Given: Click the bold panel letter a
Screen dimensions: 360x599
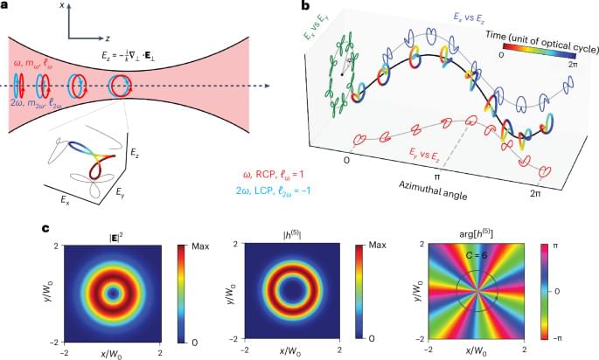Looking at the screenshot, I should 6,7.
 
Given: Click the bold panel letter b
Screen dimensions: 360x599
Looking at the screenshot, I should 303,7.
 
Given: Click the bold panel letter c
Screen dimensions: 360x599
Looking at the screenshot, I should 6,229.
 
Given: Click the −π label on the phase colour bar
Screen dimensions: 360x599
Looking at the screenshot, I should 572,336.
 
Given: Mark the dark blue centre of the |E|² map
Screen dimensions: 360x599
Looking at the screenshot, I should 112,290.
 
